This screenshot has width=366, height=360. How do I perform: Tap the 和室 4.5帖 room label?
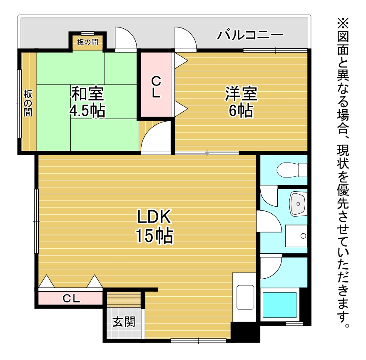(87, 102)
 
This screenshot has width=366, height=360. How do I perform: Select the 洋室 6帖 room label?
(241, 102)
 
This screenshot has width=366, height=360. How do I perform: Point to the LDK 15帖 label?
(154, 226)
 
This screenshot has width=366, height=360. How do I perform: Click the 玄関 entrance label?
(124, 322)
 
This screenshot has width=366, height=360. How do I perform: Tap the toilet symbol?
(292, 170)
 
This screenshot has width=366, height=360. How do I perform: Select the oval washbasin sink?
(298, 203)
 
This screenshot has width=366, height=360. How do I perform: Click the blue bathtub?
(280, 305)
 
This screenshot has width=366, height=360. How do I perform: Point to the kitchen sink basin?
(245, 297)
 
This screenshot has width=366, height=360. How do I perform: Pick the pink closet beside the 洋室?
(156, 85)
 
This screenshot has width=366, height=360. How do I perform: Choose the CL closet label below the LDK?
(71, 298)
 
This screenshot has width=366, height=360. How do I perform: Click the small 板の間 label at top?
(87, 42)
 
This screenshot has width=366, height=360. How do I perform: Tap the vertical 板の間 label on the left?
(28, 103)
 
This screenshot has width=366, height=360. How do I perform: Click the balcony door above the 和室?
(126, 39)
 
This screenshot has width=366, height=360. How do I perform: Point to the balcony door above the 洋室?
(186, 39)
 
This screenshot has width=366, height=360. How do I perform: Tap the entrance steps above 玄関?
(124, 299)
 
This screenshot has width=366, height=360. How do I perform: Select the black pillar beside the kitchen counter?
(245, 332)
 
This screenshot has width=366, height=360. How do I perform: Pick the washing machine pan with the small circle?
(296, 236)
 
